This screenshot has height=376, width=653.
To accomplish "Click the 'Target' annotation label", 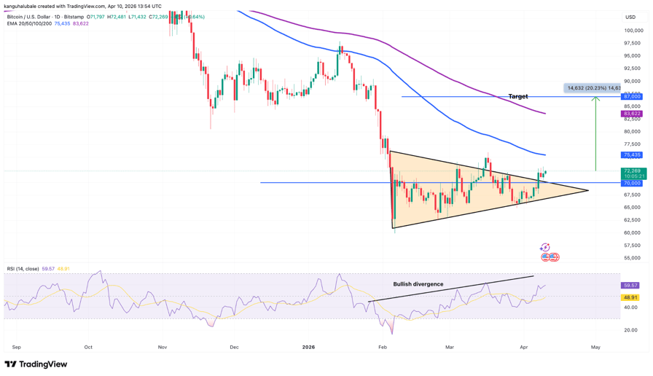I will [518, 96].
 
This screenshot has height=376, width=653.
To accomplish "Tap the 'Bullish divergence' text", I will [418, 284].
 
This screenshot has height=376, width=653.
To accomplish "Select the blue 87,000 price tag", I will [631, 96].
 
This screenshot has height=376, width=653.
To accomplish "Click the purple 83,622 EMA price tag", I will [631, 114].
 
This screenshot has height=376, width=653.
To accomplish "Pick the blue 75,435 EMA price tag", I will [631, 154].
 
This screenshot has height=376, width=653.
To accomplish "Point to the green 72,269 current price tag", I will [631, 171].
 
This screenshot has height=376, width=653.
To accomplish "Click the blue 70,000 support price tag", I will [631, 183].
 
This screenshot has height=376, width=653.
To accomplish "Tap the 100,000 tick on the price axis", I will [633, 31].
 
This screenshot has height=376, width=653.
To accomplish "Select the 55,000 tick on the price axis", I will [633, 258].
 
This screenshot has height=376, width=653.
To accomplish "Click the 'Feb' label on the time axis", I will [383, 347].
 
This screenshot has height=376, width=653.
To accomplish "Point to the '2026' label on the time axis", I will [309, 347].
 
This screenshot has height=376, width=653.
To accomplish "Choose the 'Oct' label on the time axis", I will [88, 347].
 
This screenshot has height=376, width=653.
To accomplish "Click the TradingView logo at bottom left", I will [36, 364].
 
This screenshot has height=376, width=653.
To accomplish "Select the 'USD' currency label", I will [630, 17].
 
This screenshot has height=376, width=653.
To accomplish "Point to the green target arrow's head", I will [596, 99].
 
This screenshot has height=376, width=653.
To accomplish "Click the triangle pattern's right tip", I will [587, 191].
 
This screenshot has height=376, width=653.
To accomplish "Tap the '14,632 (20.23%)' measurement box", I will [593, 88].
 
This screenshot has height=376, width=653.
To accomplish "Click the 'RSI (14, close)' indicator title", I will [23, 269].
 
